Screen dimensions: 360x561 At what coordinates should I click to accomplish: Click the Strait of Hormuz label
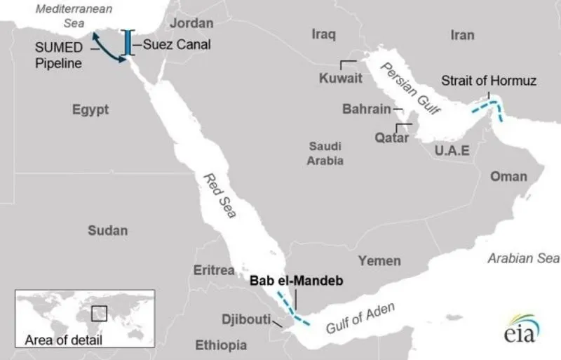coord(488,81)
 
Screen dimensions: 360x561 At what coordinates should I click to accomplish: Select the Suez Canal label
coord(177,44)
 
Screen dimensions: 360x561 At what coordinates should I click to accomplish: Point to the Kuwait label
coord(341,78)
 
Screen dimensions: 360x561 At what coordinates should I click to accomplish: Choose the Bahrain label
coord(365,109)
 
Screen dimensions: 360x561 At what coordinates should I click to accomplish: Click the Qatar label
coord(391,138)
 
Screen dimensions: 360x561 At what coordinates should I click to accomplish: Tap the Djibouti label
coord(246,319)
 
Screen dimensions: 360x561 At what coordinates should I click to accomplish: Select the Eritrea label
coord(215,270)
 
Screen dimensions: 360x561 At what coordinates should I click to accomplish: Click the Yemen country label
coord(379,260)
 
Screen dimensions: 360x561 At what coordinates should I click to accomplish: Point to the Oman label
coord(508,175)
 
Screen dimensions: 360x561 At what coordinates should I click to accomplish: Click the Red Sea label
coord(219,195)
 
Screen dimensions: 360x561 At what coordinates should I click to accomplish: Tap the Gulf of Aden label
coord(361,318)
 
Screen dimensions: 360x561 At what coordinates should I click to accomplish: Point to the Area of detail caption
coord(63,341)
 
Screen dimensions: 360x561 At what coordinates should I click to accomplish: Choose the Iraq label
coord(324,34)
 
